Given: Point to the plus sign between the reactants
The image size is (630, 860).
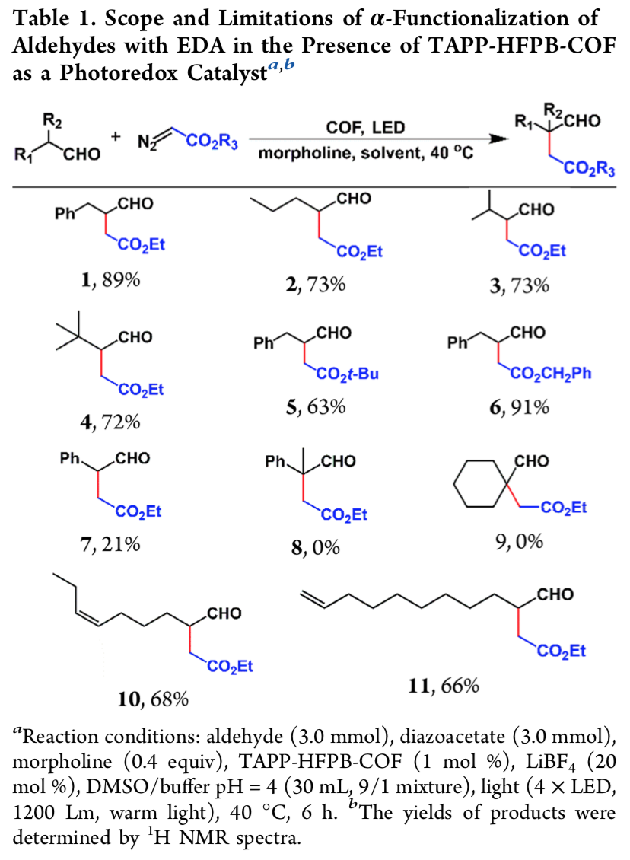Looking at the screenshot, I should [x=116, y=136].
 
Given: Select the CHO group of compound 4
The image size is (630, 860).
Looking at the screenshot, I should [x=135, y=336].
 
